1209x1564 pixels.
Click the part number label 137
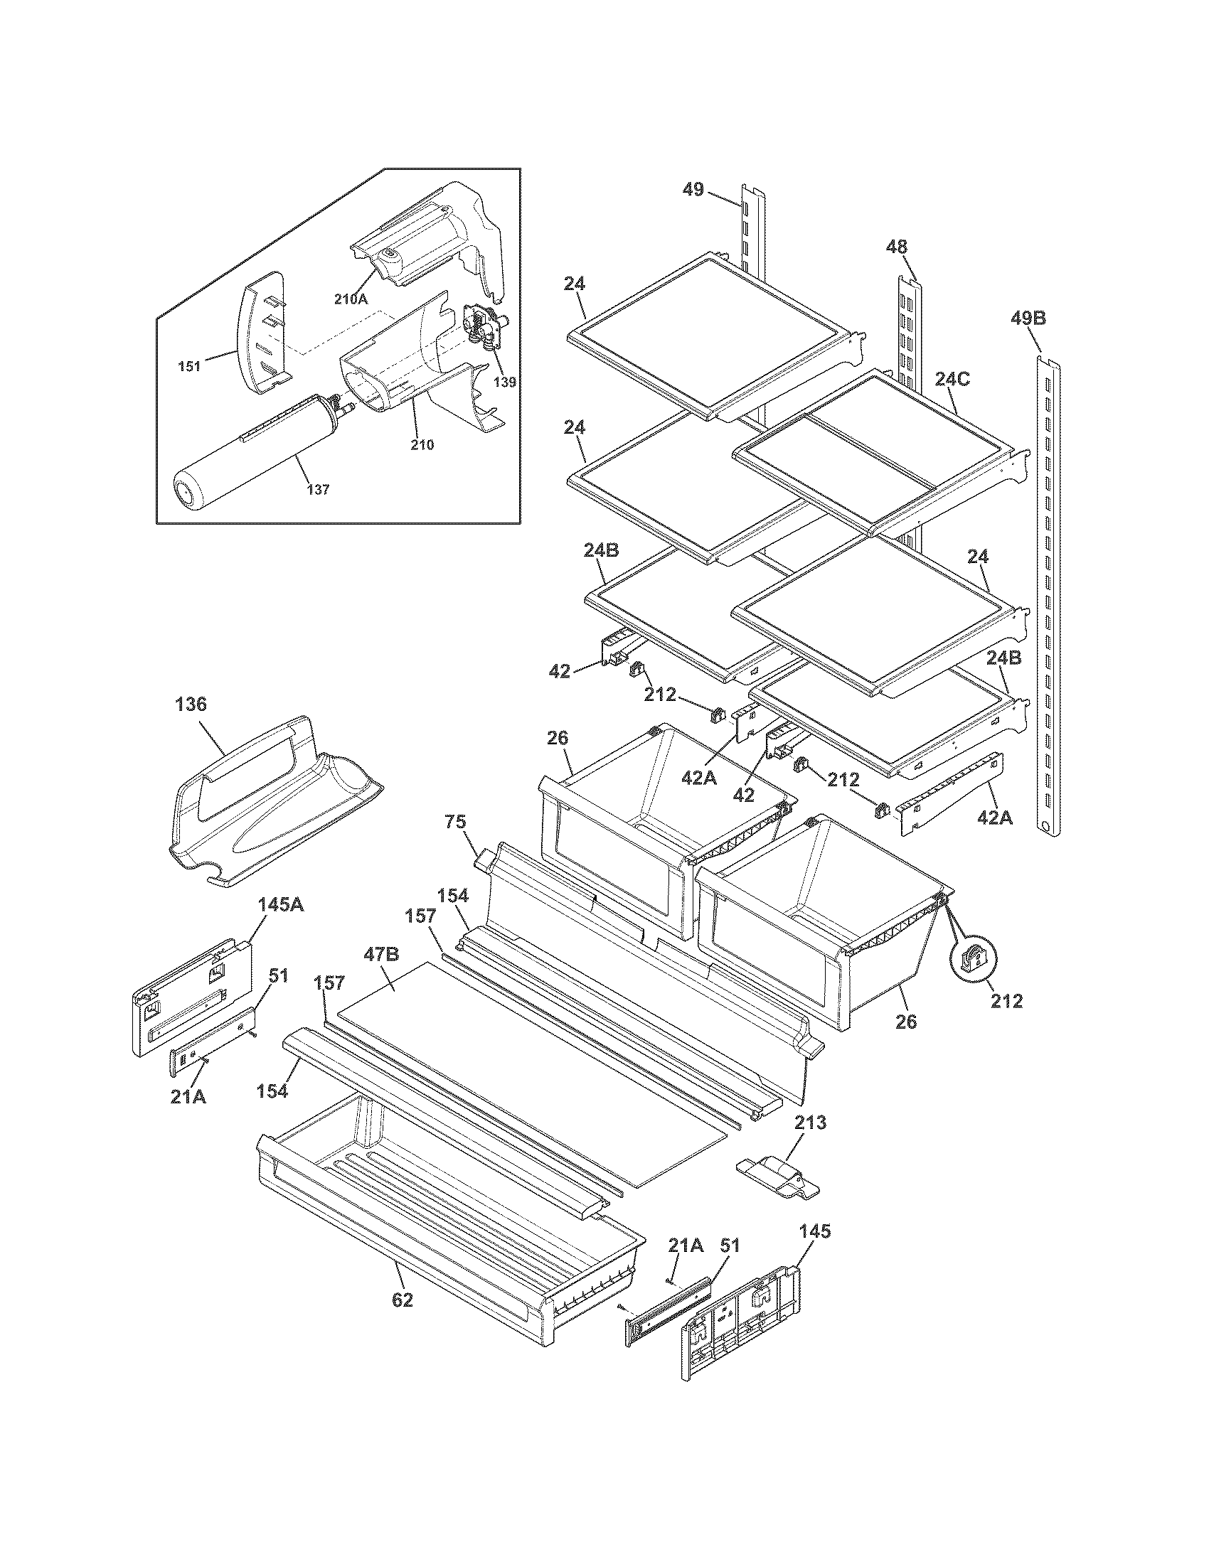318,490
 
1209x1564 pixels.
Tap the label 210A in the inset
350,299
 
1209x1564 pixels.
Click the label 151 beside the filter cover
190,367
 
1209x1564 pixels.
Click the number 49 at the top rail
693,191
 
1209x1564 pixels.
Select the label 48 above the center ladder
896,247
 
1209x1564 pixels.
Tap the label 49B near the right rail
1028,318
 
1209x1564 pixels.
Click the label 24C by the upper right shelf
952,380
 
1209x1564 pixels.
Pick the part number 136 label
191,704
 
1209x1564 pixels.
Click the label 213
810,1122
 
